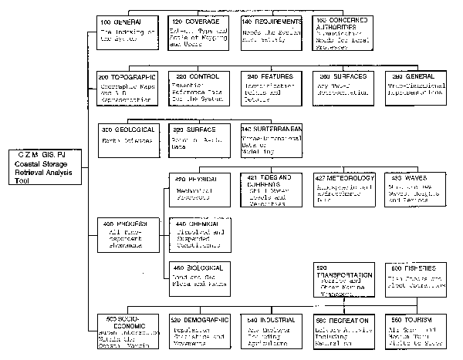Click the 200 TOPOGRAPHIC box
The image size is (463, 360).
tap(128, 90)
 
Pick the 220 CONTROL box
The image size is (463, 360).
tap(198, 90)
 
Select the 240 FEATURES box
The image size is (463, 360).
tap(270, 90)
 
